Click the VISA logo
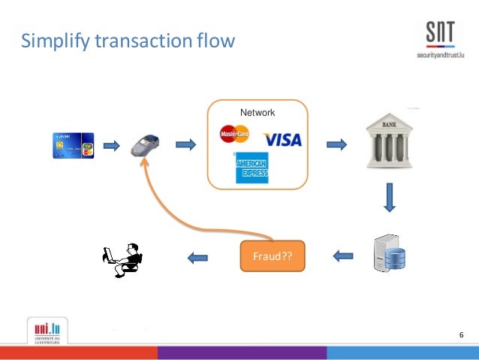(282, 140)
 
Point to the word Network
(258, 113)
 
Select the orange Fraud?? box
(273, 256)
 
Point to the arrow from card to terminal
(111, 144)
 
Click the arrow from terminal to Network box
(185, 144)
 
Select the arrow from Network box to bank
(336, 144)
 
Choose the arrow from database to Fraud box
(342, 256)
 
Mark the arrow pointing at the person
(197, 257)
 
